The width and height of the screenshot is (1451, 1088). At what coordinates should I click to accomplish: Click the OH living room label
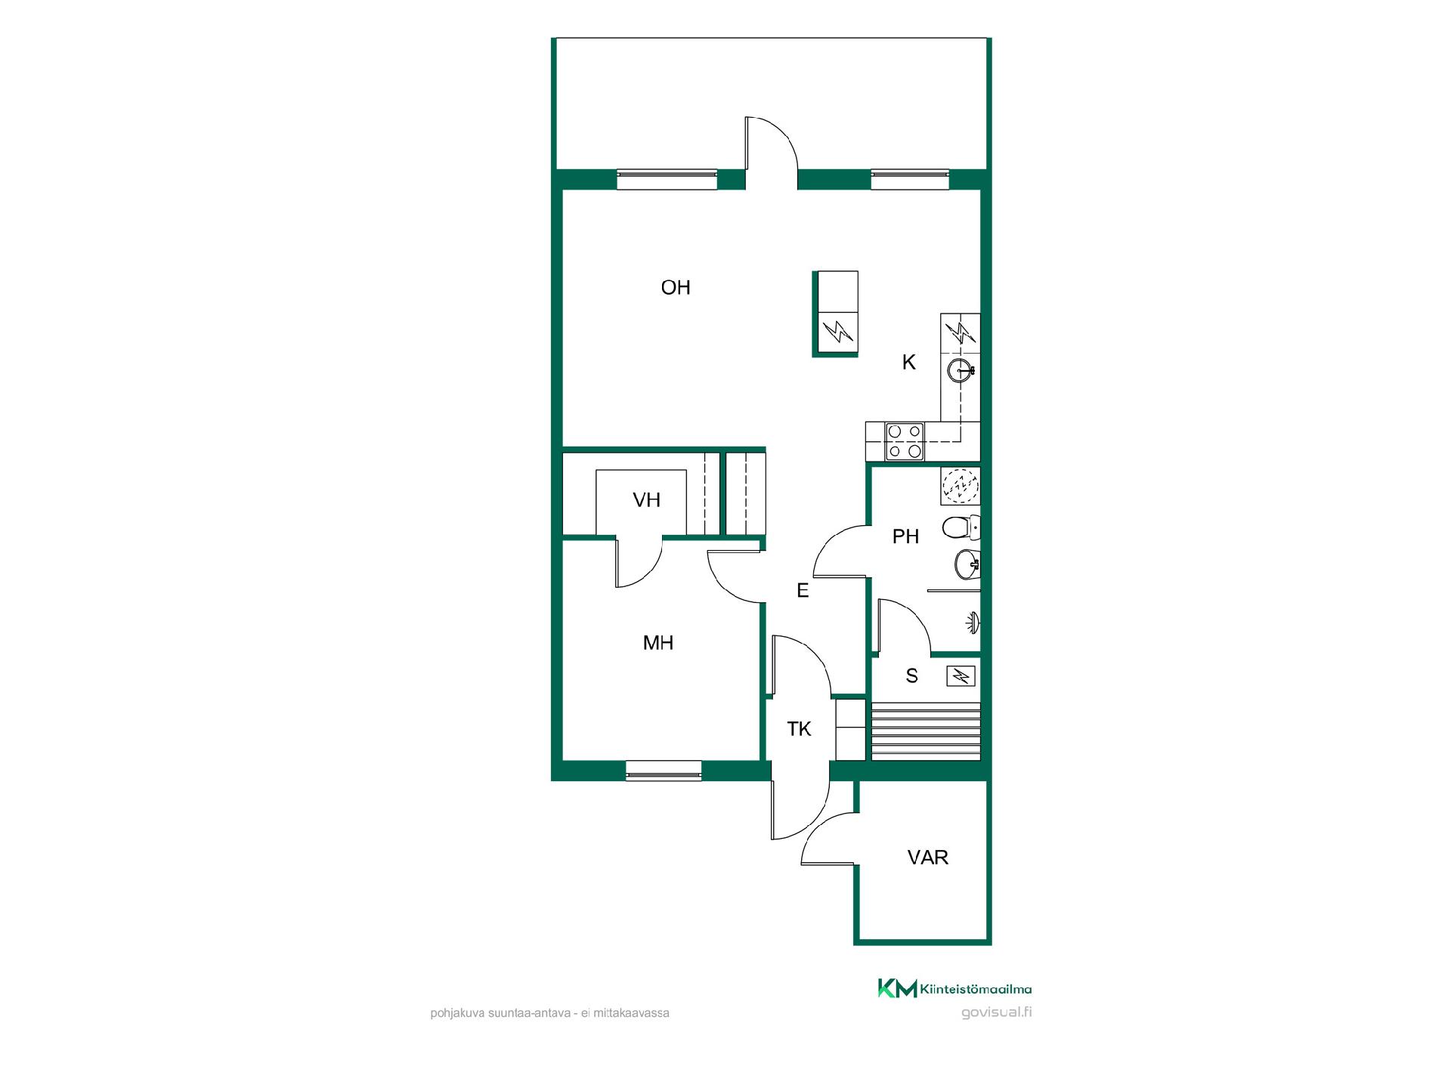pyautogui.click(x=676, y=287)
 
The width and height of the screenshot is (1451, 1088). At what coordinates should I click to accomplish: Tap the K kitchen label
pyautogui.click(x=909, y=363)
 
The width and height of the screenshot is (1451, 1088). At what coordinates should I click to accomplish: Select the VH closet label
pyautogui.click(x=647, y=499)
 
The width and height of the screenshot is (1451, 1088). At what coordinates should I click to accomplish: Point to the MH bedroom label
pyautogui.click(x=657, y=643)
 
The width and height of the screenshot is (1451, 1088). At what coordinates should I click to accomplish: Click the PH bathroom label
pyautogui.click(x=905, y=536)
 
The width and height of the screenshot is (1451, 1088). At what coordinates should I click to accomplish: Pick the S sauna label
pyautogui.click(x=912, y=676)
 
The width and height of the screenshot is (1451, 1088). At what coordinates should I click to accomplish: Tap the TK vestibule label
pyautogui.click(x=799, y=729)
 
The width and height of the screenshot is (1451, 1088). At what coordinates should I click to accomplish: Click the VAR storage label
pyautogui.click(x=928, y=858)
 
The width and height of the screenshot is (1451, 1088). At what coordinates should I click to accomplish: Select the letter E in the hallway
pyautogui.click(x=803, y=590)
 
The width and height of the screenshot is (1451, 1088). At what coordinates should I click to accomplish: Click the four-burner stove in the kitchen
pyautogui.click(x=905, y=441)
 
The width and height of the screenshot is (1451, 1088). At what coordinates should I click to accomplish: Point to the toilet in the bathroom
pyautogui.click(x=961, y=527)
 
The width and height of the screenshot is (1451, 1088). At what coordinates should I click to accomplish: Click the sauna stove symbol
pyautogui.click(x=961, y=675)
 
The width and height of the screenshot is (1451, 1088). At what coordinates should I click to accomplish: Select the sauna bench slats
pyautogui.click(x=926, y=731)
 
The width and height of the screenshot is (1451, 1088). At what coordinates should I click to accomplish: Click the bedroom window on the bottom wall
pyautogui.click(x=664, y=770)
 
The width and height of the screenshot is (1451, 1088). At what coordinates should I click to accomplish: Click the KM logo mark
pyautogui.click(x=897, y=988)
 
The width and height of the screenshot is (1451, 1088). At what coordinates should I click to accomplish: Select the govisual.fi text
pyautogui.click(x=996, y=1012)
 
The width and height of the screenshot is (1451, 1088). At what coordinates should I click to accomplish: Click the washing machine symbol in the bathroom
pyautogui.click(x=961, y=486)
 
